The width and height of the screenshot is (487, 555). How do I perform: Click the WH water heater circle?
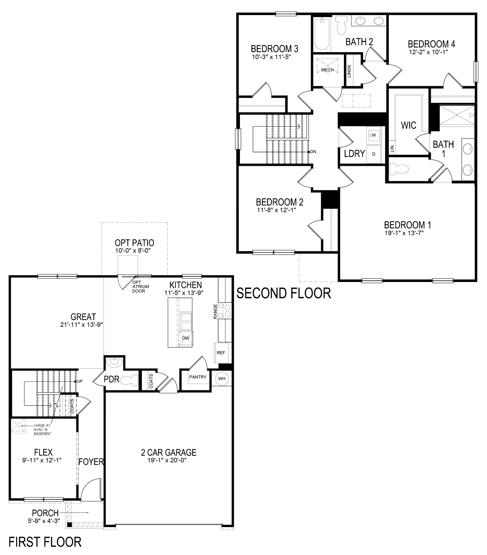click(x=222, y=378)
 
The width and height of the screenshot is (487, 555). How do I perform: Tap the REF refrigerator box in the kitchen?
click(x=221, y=353)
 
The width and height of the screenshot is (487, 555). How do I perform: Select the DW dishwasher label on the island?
click(x=186, y=338)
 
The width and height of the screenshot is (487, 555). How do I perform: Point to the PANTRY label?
click(x=198, y=377)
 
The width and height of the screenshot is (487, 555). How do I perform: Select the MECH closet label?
click(x=327, y=70)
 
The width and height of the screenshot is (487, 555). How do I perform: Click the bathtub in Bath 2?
click(x=322, y=34)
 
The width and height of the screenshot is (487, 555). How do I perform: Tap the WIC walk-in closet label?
click(x=409, y=125)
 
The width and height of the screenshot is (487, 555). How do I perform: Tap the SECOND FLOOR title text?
click(x=284, y=294)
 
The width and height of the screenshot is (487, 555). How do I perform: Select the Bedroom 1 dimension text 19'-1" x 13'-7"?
click(x=404, y=233)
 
